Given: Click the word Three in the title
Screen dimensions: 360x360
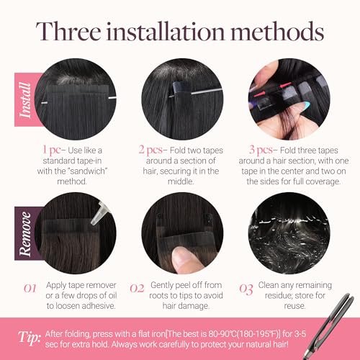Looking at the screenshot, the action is [x=68, y=31].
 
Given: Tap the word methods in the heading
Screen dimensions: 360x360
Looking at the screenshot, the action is [x=277, y=31].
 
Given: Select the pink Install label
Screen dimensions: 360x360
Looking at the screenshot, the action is [x=25, y=99].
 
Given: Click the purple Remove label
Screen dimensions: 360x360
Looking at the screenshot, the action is [x=25, y=233].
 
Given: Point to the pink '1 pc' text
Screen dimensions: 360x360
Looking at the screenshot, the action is [x=51, y=150].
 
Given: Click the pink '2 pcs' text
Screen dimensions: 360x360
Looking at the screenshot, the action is [x=150, y=150].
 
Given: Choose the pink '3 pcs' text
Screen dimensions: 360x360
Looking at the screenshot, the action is [x=261, y=150].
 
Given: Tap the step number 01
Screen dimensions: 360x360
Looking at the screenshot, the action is [x=30, y=288].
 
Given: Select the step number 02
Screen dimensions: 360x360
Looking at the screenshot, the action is [x=137, y=288].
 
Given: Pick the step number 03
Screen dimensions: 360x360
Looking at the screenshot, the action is [x=246, y=289].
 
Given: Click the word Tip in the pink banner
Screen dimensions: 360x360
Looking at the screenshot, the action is [x=29, y=338].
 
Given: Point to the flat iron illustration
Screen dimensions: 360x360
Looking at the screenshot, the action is [x=329, y=326].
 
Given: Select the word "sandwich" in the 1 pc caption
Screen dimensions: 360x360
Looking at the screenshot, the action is [x=86, y=171].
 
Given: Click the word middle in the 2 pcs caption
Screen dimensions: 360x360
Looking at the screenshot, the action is [x=181, y=181].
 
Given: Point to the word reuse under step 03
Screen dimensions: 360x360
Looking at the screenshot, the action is [x=294, y=306].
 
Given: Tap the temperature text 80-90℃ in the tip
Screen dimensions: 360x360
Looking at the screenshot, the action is [x=222, y=334].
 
